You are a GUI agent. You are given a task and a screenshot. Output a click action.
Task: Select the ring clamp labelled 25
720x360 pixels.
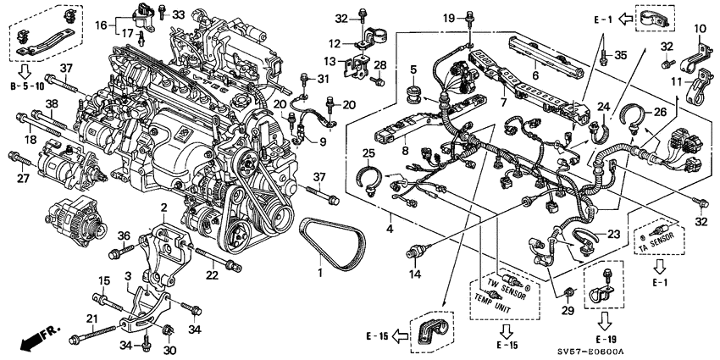[x=368, y=177]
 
